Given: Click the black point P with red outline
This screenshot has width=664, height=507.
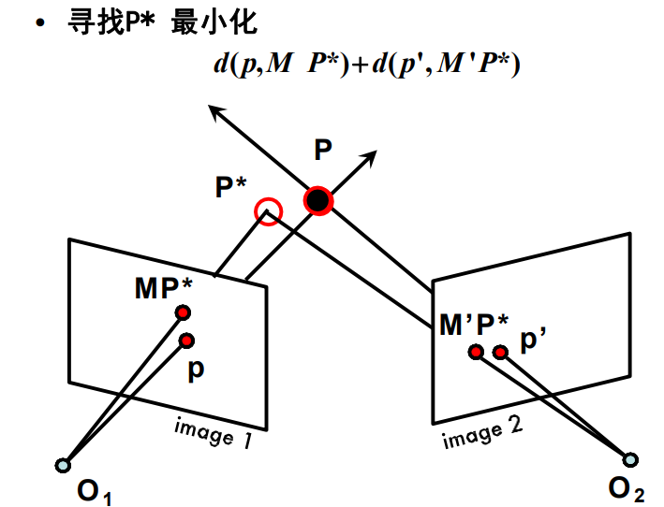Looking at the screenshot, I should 318,200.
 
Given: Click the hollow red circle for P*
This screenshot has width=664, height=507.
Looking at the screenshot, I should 269,211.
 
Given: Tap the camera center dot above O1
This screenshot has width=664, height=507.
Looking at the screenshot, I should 63,464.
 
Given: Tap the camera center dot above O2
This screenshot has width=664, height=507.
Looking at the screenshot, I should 631,459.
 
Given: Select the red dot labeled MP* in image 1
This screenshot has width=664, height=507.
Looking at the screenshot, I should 184,312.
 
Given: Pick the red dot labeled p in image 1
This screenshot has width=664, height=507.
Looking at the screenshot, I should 187,340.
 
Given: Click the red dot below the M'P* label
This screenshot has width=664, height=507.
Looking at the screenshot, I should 477,352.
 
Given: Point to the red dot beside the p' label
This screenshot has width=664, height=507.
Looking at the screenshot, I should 501,352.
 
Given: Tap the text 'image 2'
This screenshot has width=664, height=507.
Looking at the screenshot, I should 482,431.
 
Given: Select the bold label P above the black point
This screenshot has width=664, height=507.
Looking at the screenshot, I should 323,151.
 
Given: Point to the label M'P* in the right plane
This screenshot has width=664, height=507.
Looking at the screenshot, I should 474,325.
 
